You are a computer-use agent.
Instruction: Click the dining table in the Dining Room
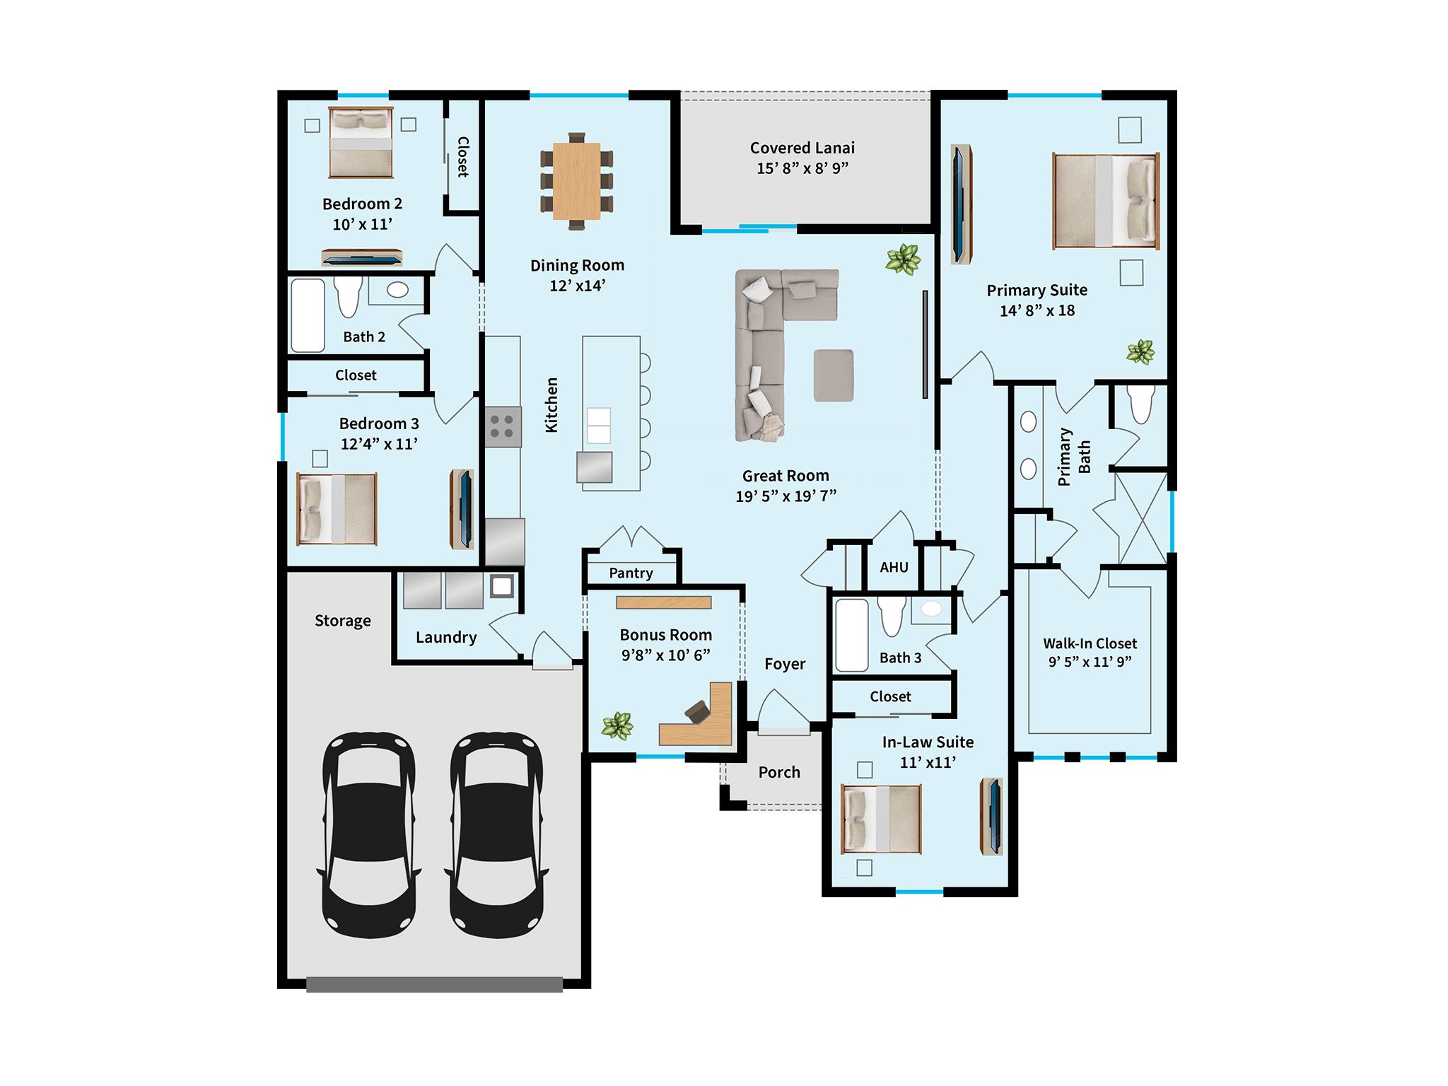(x=576, y=181)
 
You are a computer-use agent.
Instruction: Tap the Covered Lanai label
(x=802, y=148)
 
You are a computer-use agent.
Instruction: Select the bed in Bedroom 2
(x=361, y=143)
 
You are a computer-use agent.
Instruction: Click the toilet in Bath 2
(x=347, y=296)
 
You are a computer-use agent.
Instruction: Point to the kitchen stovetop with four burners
(x=503, y=427)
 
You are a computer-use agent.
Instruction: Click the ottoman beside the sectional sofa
(x=833, y=375)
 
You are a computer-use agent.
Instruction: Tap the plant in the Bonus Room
(x=617, y=725)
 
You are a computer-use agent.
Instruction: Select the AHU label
(x=894, y=567)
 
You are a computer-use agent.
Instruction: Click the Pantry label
(x=631, y=573)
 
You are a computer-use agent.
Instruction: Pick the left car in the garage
(x=369, y=835)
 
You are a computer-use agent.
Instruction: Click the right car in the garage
(x=496, y=835)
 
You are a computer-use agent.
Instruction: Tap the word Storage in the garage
(x=342, y=621)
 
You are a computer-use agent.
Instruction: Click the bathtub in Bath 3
(x=851, y=635)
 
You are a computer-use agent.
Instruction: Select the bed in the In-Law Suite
(x=881, y=819)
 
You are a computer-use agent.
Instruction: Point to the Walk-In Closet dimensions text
(x=1090, y=662)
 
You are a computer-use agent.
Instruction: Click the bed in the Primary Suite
(x=1105, y=201)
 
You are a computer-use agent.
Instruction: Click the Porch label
(x=779, y=772)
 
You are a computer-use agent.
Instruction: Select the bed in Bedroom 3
(x=337, y=509)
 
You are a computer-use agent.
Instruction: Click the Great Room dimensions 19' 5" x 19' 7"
(x=786, y=496)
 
